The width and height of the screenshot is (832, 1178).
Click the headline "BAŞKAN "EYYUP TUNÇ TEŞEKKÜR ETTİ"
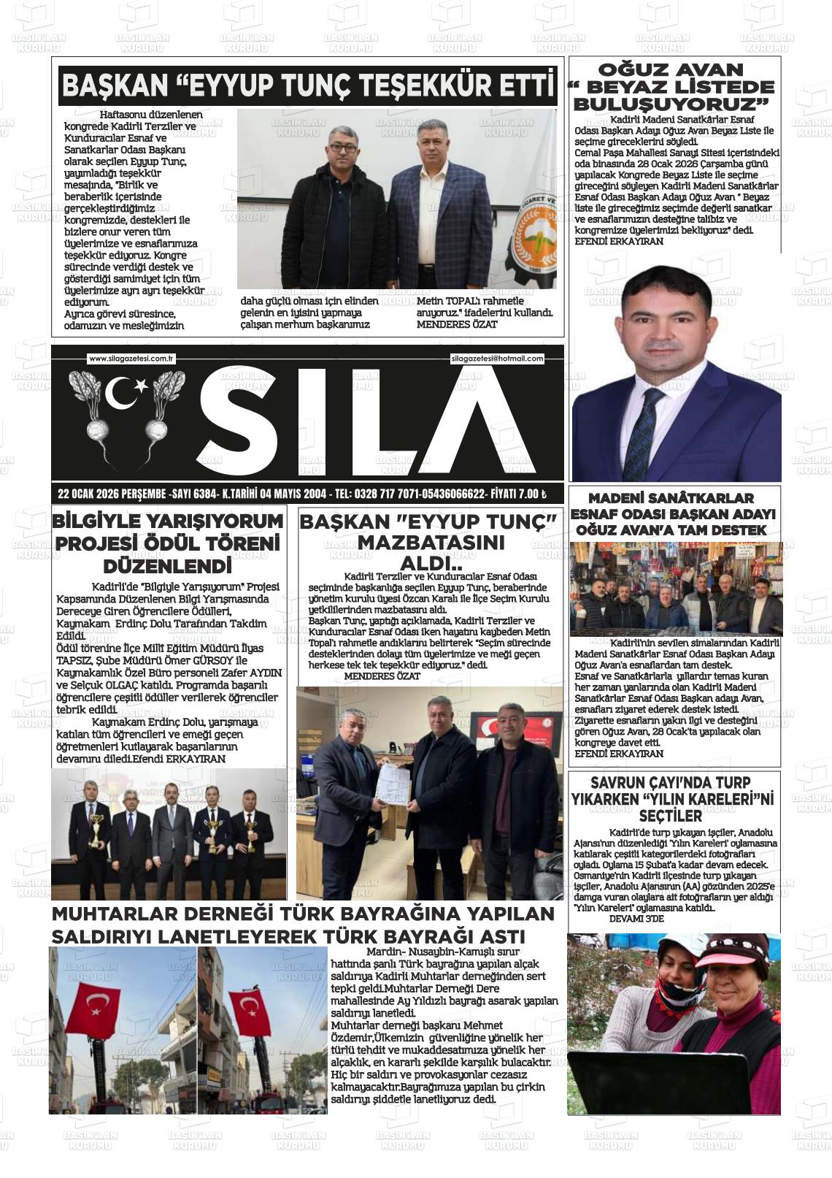(307, 87)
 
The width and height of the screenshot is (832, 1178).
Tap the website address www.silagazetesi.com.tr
(131, 359)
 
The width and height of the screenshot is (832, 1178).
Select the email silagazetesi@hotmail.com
(497, 359)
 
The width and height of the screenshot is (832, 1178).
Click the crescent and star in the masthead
(125, 393)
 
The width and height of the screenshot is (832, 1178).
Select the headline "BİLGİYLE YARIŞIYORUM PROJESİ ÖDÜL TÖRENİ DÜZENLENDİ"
(168, 543)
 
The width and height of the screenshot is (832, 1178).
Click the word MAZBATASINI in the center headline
(431, 543)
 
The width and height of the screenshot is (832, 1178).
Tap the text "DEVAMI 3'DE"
(636, 919)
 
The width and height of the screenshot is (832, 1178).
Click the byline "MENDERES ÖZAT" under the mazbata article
(382, 676)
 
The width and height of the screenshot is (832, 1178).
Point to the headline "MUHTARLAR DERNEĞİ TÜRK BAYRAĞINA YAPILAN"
(303, 914)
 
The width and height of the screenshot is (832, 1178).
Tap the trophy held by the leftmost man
(95, 830)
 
